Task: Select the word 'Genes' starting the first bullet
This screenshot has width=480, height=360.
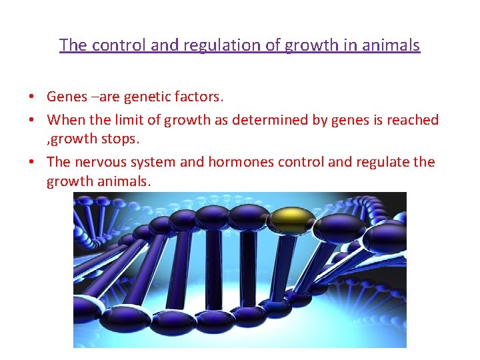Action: tap(67, 97)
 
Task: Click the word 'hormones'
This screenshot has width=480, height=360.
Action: tap(239, 162)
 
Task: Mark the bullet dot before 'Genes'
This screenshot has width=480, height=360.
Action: tap(31, 97)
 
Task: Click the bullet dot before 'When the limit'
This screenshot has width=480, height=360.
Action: tap(31, 121)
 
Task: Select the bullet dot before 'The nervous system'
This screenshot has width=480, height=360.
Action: tap(31, 163)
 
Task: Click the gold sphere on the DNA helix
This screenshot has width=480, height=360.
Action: tap(291, 217)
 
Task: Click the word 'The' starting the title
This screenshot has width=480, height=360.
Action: tap(73, 45)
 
